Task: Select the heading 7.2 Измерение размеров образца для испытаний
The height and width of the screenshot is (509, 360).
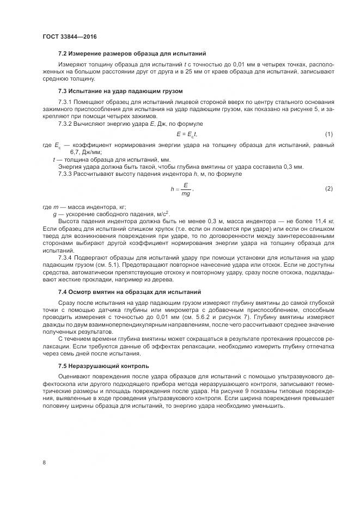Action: [x=131, y=53]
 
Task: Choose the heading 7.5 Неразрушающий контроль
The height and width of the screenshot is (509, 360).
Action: [x=103, y=365]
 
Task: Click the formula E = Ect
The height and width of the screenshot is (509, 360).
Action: [x=187, y=134]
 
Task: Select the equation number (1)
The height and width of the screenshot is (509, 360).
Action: [x=328, y=134]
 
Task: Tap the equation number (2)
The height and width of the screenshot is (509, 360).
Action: [x=328, y=188]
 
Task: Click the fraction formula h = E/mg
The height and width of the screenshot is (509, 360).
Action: [x=182, y=189]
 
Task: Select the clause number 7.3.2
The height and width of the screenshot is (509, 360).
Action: [x=65, y=124]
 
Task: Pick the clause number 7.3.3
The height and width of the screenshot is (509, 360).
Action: [x=65, y=174]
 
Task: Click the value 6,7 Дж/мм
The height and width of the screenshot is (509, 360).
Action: [x=71, y=153]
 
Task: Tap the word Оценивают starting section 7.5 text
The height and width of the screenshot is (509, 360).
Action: [x=75, y=377]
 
